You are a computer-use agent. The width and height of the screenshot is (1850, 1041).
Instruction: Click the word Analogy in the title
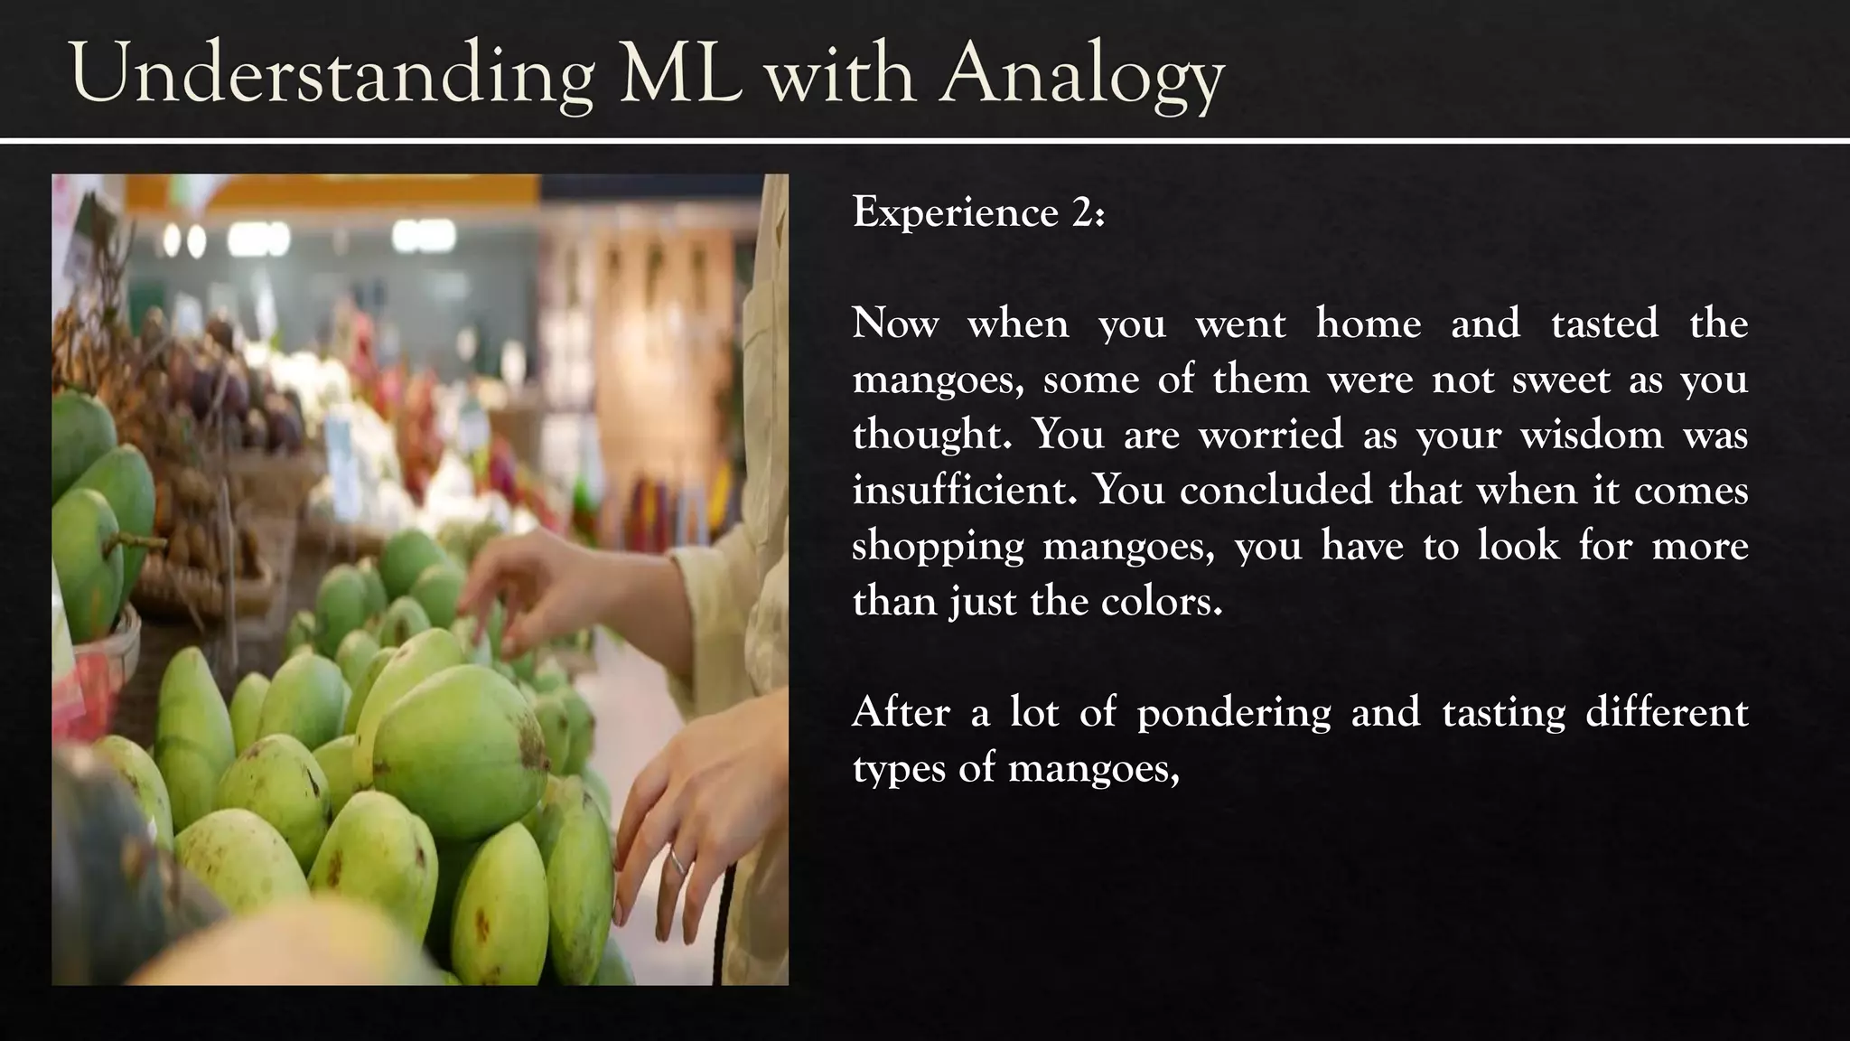[x=1081, y=74]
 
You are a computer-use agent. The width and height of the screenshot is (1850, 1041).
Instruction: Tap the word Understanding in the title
[x=332, y=74]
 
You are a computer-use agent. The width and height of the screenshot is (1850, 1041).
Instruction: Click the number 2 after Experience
[x=1083, y=213]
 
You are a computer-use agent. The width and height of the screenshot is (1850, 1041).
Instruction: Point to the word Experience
[x=956, y=214]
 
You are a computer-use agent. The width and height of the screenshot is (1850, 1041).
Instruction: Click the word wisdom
[x=1592, y=435]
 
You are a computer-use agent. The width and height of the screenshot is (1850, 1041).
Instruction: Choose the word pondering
[x=1233, y=714]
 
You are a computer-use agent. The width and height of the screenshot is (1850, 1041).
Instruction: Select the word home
[x=1368, y=324]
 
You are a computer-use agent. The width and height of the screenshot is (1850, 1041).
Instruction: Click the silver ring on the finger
[x=676, y=862]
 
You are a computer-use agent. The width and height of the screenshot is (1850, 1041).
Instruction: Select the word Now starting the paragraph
[x=895, y=324]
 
